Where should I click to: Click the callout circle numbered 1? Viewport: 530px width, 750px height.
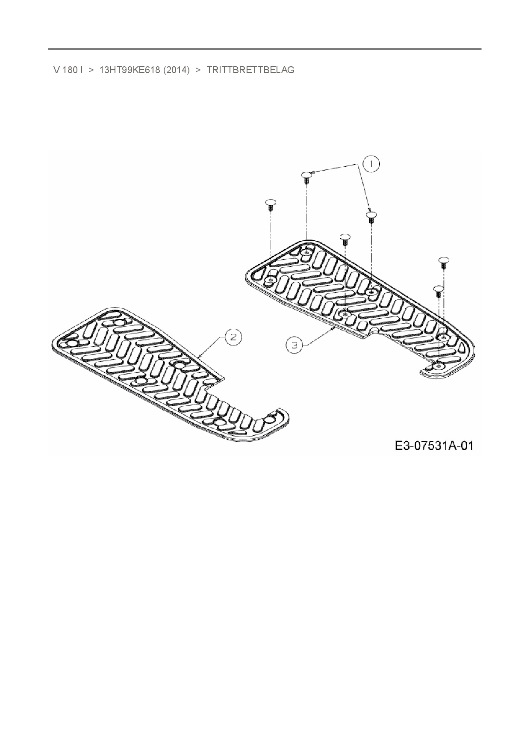(371, 164)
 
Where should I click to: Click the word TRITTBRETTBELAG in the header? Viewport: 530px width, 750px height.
(250, 70)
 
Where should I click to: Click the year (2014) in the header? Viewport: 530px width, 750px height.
(176, 70)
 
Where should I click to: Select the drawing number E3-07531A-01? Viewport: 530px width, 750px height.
(434, 446)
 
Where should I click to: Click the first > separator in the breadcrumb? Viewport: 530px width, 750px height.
(91, 70)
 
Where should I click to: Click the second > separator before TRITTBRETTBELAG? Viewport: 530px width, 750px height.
(198, 70)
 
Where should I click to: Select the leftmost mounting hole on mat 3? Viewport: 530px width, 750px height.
(270, 280)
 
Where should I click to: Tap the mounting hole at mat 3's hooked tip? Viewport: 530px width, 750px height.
(439, 367)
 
